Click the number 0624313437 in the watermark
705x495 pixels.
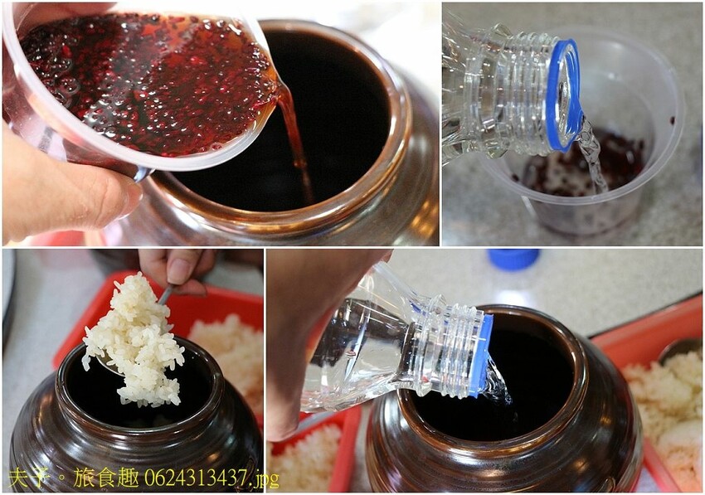click(195, 478)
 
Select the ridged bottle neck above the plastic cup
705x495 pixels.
click(514, 91)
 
